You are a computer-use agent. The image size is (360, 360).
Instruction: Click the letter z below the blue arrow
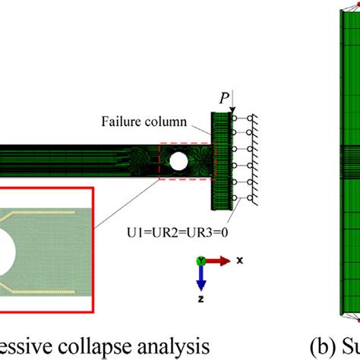pos(200,298)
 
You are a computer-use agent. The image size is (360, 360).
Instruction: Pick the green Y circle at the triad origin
pos(200,260)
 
